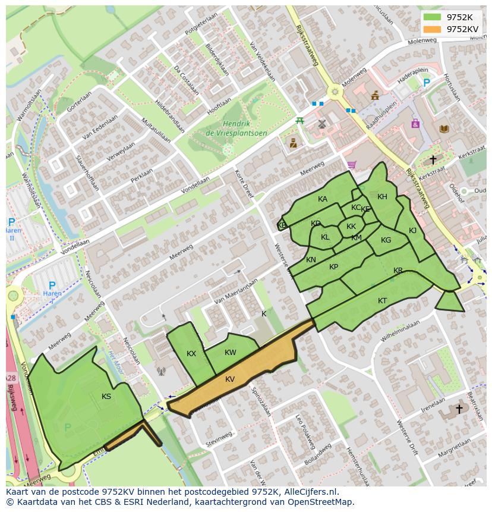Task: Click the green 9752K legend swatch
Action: (x=432, y=17)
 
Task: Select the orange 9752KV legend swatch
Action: (x=432, y=29)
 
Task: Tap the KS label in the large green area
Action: (x=106, y=397)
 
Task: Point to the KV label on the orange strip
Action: (x=230, y=379)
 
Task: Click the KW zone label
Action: (x=231, y=353)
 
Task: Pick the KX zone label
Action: (x=191, y=354)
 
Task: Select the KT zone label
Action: (x=382, y=301)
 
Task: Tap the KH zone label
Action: (x=382, y=197)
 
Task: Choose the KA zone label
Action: (x=323, y=199)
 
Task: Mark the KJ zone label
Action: (x=412, y=231)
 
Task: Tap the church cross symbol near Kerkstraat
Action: (x=433, y=159)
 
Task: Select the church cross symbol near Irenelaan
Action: (x=459, y=409)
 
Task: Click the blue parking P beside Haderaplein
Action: (x=426, y=83)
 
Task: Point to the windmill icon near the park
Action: (x=322, y=124)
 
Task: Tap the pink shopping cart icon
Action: (x=352, y=165)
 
